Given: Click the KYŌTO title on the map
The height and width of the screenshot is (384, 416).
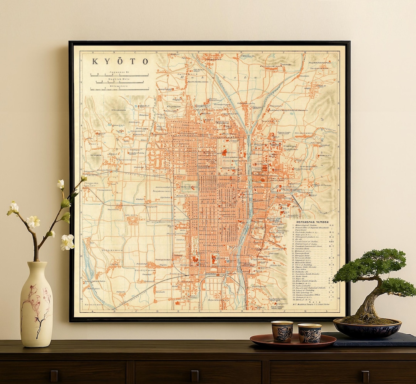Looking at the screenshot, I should click(120, 62).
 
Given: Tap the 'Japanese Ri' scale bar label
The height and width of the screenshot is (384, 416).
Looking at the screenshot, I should click(120, 72).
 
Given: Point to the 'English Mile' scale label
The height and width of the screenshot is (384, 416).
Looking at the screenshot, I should click(120, 79).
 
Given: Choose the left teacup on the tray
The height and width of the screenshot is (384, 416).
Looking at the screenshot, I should click(282, 331).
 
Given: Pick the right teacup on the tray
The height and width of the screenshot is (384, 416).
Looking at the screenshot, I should click(309, 333).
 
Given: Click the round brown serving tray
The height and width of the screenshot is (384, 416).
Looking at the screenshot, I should click(293, 341).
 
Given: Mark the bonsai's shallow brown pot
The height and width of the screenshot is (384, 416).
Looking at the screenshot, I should click(367, 328).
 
